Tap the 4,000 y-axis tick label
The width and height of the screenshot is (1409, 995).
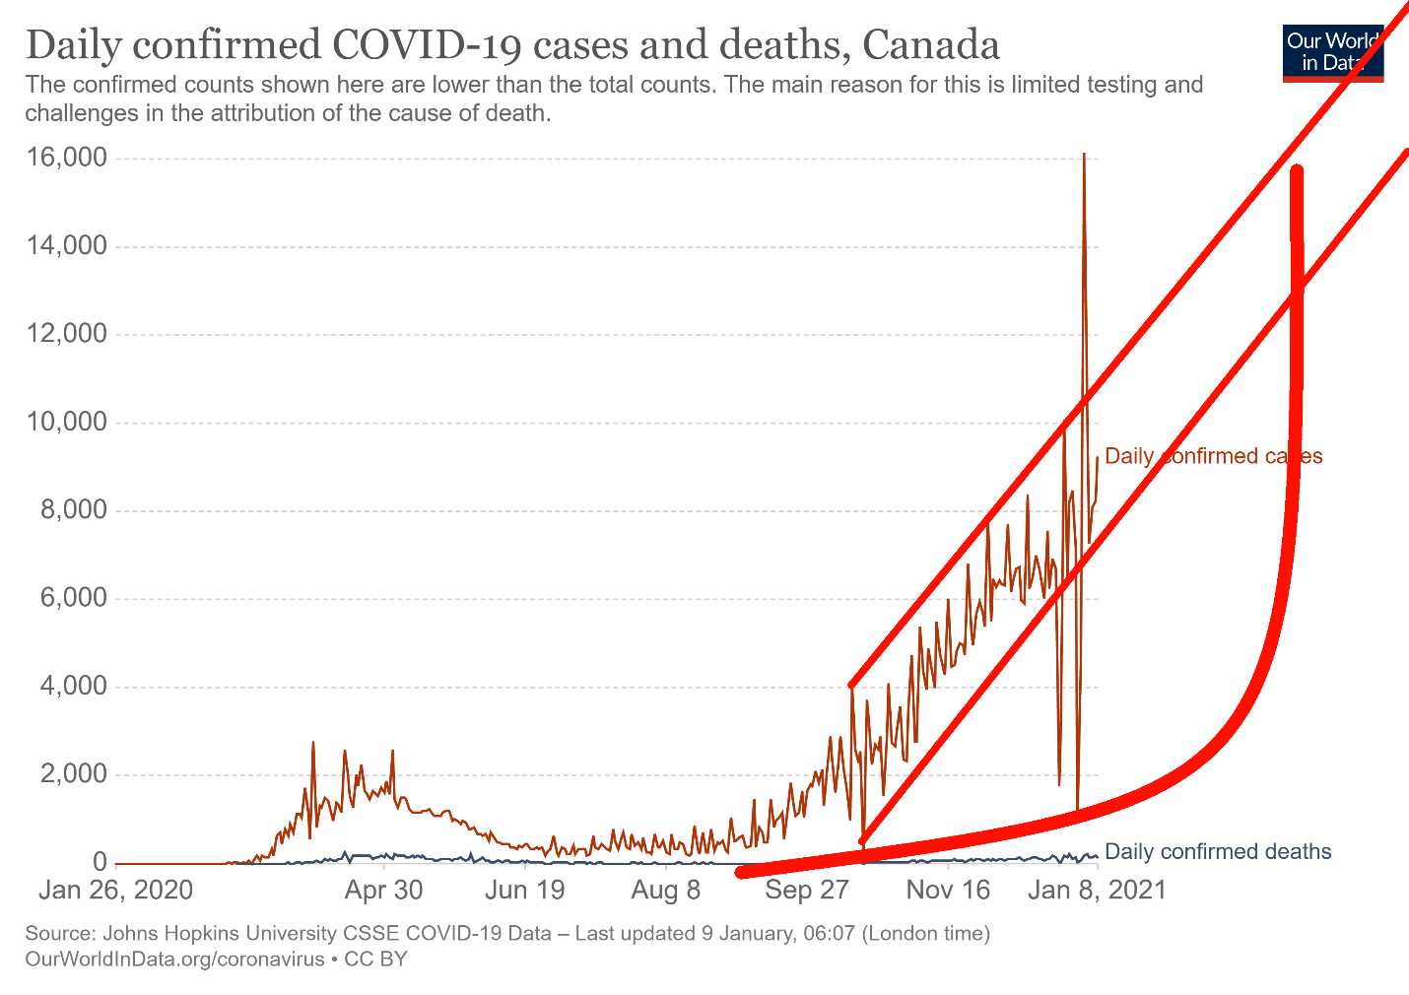click(x=71, y=687)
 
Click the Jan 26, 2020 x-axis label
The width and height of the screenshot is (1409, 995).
click(x=115, y=891)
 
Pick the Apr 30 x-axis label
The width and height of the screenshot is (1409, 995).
click(x=383, y=891)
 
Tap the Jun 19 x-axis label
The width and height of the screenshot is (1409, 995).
click(x=525, y=891)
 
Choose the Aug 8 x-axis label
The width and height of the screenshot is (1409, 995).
click(x=666, y=891)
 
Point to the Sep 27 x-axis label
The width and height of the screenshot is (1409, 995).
click(x=807, y=891)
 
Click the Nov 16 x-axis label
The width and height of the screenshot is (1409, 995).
click(x=948, y=891)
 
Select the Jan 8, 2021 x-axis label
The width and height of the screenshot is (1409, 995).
click(x=1097, y=891)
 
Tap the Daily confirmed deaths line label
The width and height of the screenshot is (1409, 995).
click(x=1218, y=852)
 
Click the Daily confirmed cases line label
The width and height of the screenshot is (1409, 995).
click(x=1213, y=456)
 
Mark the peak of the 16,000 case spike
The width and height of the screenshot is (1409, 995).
click(x=1084, y=155)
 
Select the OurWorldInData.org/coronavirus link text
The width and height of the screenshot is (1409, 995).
click(x=174, y=959)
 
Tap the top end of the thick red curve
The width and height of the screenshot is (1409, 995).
click(x=1297, y=172)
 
